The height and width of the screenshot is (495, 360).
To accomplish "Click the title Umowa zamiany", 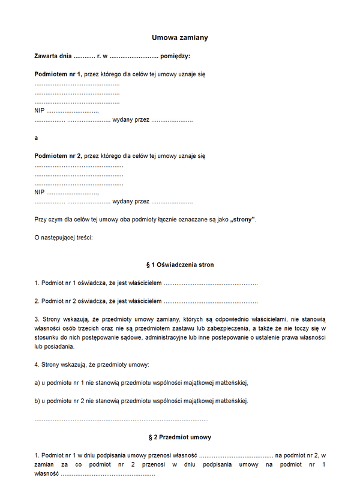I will (180, 37).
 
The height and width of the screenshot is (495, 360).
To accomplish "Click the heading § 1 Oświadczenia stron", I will (180, 265).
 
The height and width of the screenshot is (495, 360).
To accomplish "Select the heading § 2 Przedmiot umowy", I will (180, 437).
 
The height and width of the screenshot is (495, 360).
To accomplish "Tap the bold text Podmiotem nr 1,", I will (58, 74).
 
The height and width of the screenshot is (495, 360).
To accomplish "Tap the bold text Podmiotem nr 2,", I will (58, 156).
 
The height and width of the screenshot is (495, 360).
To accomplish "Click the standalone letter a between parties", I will (36, 137).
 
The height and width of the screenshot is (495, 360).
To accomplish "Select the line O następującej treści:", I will (64, 238).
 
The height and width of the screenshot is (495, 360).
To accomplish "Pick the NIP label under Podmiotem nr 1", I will (40, 111).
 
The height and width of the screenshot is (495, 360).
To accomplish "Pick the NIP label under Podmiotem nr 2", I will (40, 192).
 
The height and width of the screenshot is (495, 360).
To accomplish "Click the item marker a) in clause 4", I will (37, 382).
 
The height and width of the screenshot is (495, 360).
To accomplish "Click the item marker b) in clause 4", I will (37, 401).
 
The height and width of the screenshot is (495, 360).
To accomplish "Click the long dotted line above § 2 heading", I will (122, 419).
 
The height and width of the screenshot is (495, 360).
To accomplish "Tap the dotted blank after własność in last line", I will (108, 474).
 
